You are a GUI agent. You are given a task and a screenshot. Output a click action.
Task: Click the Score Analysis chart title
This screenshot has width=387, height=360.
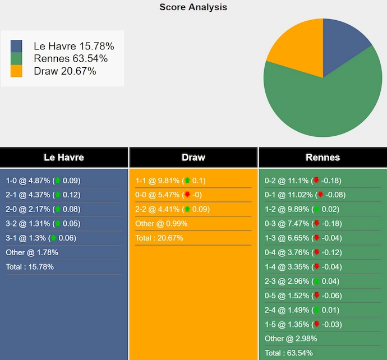tap(193, 7)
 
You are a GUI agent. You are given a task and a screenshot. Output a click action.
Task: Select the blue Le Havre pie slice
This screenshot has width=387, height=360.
tap(343, 44)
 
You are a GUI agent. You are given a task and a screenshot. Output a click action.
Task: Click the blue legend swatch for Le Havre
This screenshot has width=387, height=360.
tap(16, 46)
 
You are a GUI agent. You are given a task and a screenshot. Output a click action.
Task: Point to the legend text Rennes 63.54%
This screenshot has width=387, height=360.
tap(71, 58)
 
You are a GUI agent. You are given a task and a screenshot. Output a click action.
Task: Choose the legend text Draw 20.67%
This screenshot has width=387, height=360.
tap(65, 71)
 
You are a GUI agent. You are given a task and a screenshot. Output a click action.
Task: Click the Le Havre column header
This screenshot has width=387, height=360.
tap(64, 158)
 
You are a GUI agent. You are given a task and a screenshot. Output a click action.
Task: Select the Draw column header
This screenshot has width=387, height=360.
tap(193, 158)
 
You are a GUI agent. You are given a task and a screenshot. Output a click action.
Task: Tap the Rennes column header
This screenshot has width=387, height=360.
tap(322, 158)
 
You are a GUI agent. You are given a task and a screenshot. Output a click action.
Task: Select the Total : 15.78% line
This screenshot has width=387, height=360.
tap(30, 267)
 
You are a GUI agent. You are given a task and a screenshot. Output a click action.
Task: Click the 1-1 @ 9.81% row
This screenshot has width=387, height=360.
tap(171, 181)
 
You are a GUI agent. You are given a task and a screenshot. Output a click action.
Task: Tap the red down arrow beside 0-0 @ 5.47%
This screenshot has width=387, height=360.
tap(187, 195)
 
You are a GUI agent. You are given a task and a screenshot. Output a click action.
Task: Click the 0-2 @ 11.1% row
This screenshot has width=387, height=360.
tap(303, 181)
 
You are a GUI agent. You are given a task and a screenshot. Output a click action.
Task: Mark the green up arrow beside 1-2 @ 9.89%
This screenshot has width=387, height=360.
tap(317, 210)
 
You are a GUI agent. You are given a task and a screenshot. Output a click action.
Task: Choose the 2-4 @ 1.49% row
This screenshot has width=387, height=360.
tap(301, 310)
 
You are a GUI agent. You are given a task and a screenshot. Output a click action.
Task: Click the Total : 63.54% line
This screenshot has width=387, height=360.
tap(288, 353)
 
